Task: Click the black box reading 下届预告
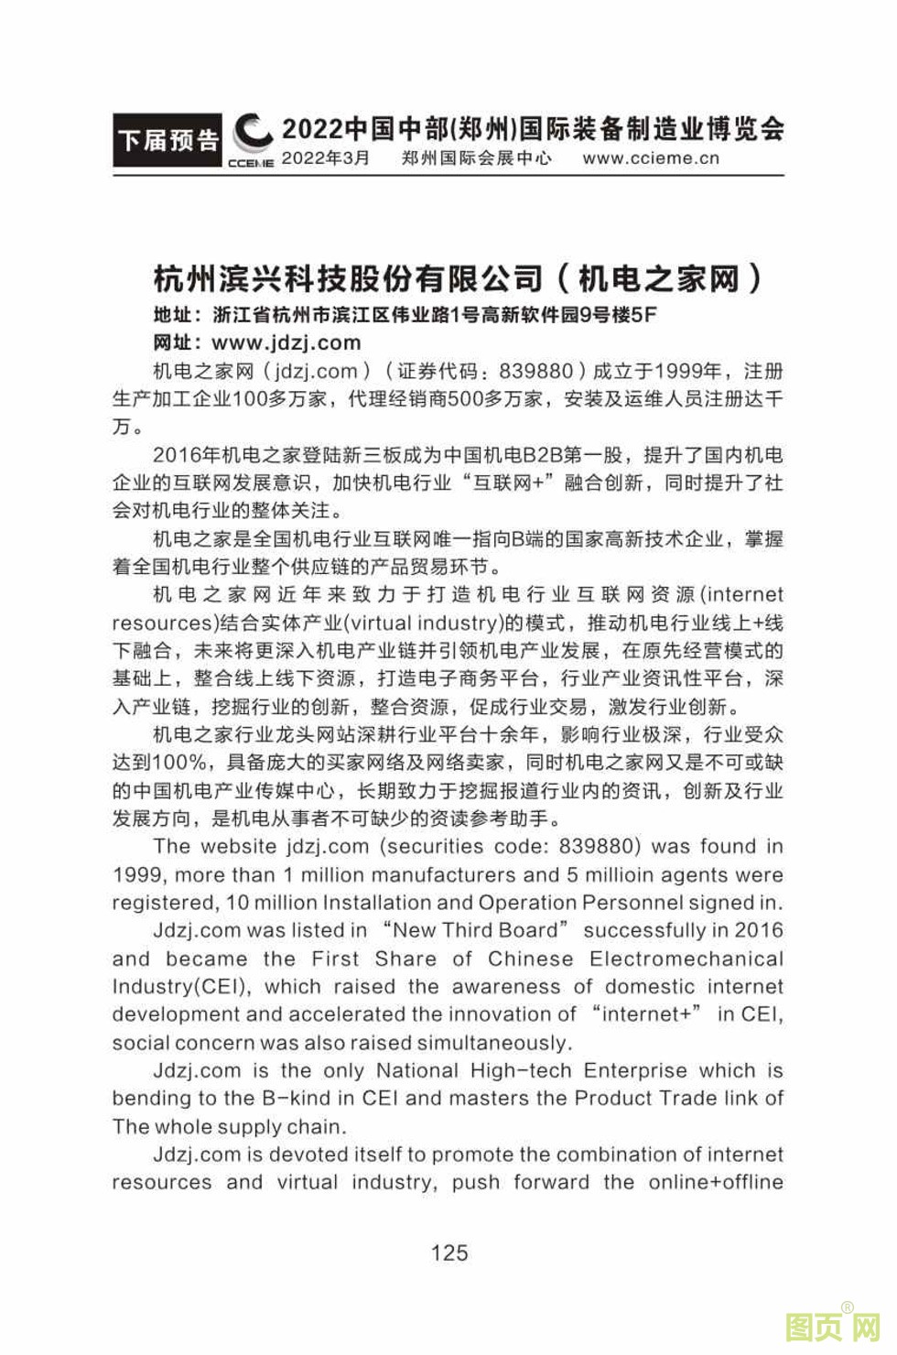pyautogui.click(x=168, y=140)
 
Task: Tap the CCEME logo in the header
pyautogui.click(x=251, y=142)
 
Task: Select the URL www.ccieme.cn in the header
pyautogui.click(x=651, y=157)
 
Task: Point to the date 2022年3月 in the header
pyautogui.click(x=325, y=157)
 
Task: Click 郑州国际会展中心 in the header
pyautogui.click(x=476, y=157)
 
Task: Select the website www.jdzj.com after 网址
pyautogui.click(x=286, y=342)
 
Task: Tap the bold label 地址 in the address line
pyautogui.click(x=173, y=315)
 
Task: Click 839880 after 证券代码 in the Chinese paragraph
pyautogui.click(x=535, y=371)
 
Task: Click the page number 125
pyautogui.click(x=448, y=1252)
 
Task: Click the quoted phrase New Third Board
pyautogui.click(x=474, y=930)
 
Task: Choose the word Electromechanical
pyautogui.click(x=686, y=959)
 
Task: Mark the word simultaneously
pyautogui.click(x=494, y=1043)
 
